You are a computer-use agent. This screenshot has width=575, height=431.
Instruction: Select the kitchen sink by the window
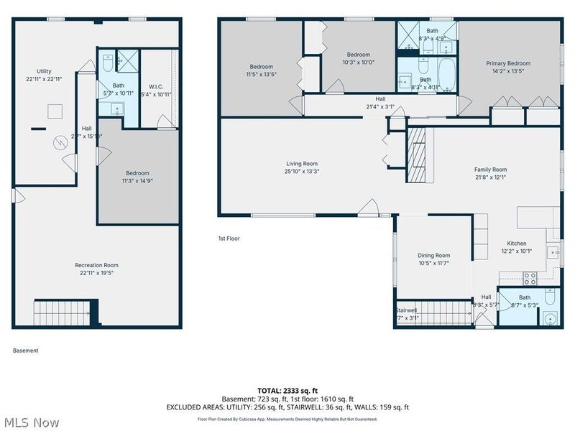click(553, 252)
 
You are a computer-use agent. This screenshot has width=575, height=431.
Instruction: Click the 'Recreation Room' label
click(96, 265)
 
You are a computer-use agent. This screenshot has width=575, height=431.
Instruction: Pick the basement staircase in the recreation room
click(63, 312)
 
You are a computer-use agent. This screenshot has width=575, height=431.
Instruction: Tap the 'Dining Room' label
click(433, 256)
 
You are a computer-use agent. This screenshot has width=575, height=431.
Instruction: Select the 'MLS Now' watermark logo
click(31, 422)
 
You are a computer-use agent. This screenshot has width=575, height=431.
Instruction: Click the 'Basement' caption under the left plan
click(26, 351)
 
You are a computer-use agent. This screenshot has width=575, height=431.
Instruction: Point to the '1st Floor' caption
click(229, 238)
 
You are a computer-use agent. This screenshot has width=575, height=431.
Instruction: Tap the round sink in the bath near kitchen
click(551, 319)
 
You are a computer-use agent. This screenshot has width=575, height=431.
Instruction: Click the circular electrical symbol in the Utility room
click(62, 143)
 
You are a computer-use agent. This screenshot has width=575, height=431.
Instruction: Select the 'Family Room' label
click(490, 170)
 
